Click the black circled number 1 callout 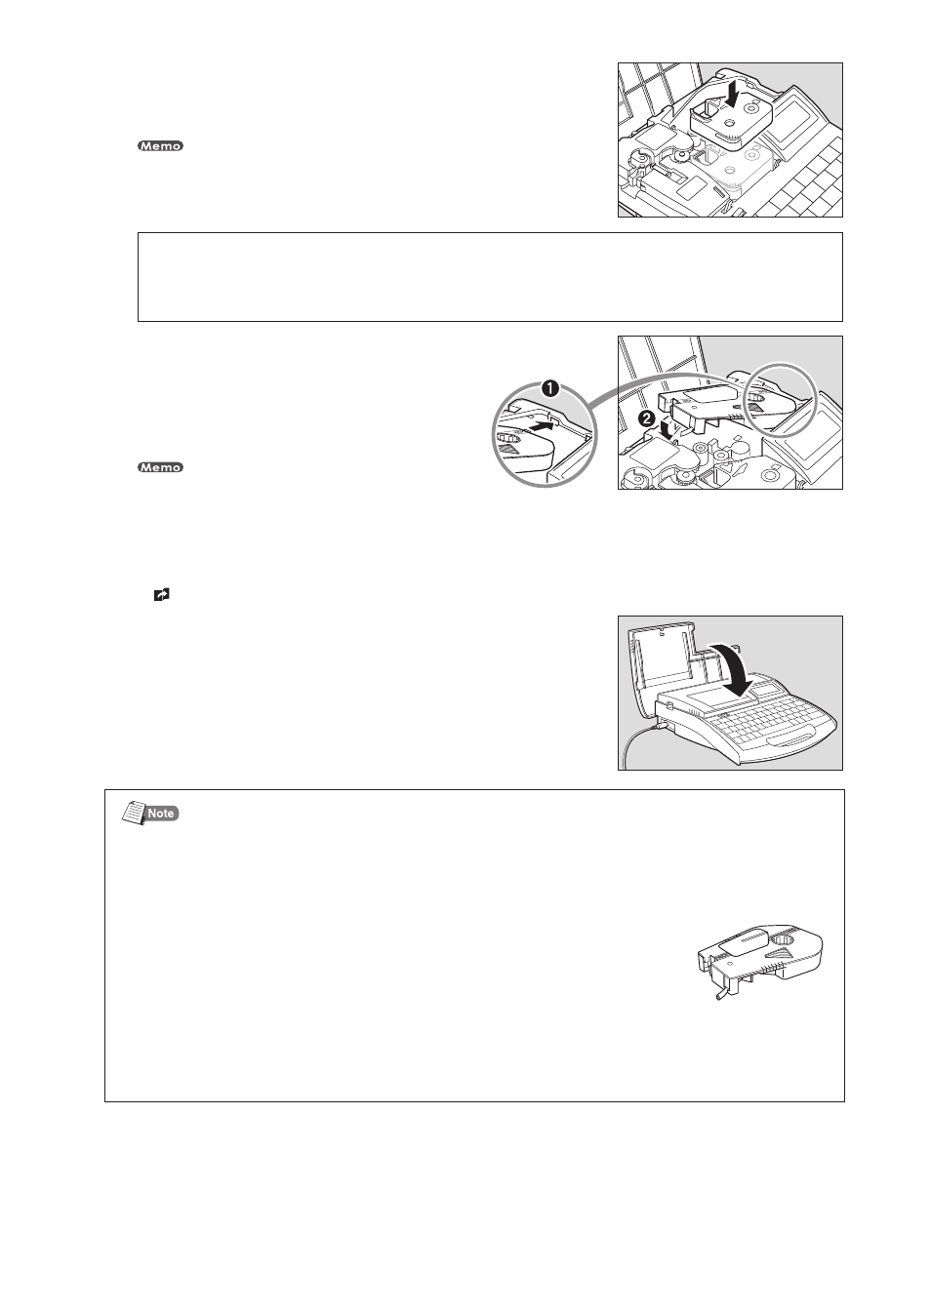550,387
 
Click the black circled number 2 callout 646,418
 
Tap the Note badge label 161,813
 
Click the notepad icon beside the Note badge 134,814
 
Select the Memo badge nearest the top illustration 160,146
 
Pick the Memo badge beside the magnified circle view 160,467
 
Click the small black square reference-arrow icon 161,595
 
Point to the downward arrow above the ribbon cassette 731,95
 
